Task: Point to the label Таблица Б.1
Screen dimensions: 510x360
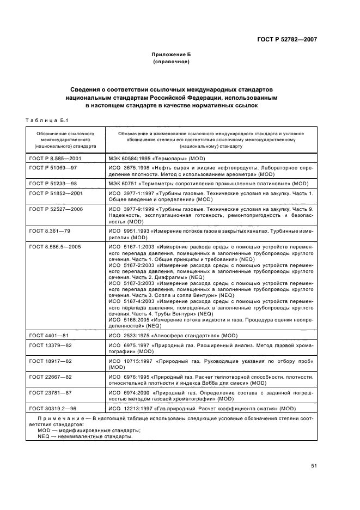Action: (46, 120)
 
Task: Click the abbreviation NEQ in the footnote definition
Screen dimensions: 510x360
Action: (44, 436)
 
